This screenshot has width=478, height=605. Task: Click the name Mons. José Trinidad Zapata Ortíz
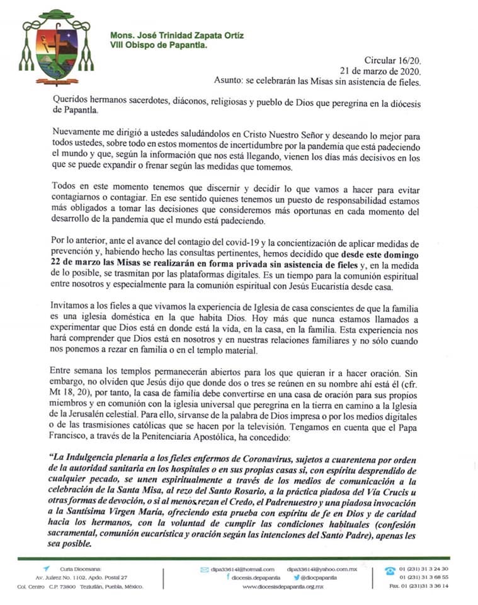(177, 35)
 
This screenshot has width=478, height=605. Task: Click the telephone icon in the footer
(390, 570)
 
